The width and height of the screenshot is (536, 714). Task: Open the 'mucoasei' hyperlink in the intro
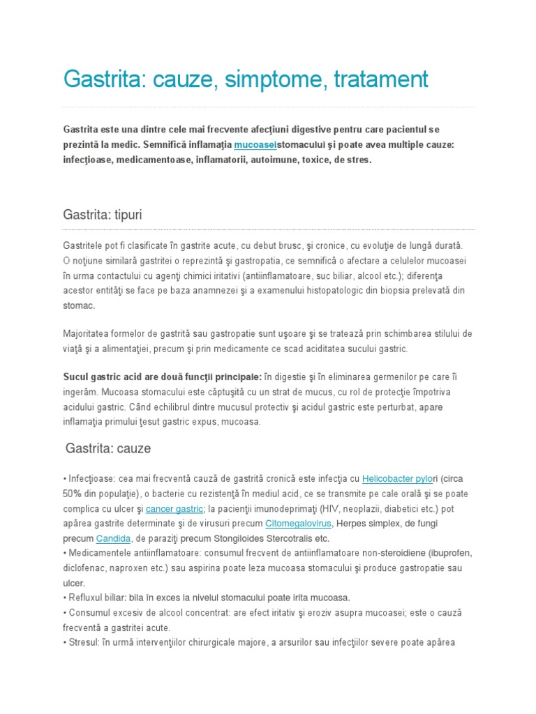255,144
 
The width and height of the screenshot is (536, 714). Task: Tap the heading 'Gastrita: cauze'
108,448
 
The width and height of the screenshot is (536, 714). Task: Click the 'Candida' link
113,538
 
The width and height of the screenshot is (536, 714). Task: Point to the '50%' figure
74,494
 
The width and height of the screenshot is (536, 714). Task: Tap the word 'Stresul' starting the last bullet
86,642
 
